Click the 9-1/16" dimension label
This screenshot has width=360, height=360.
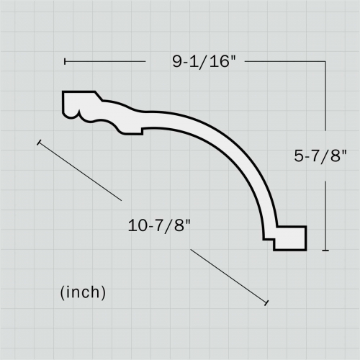(x=204, y=62)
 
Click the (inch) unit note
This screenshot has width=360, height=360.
(x=83, y=292)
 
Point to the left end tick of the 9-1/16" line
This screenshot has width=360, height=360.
(x=64, y=62)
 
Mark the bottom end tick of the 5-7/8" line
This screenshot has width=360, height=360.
(x=326, y=251)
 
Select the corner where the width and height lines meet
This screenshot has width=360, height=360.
(x=326, y=62)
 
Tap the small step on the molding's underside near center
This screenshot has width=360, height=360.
(x=142, y=130)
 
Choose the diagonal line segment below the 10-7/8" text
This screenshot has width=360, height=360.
(x=229, y=276)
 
